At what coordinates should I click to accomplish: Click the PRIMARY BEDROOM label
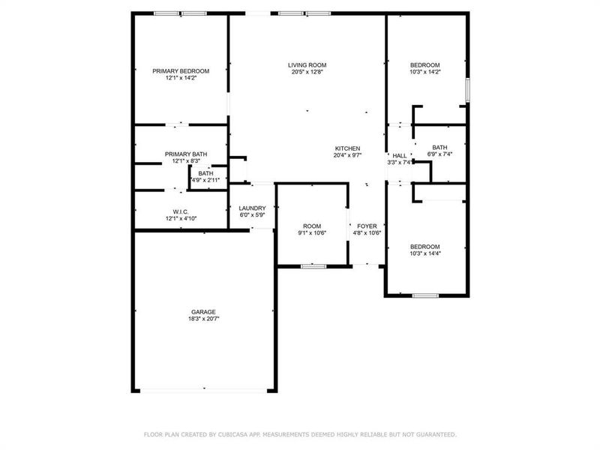click(x=181, y=70)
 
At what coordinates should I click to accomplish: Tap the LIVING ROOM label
click(x=307, y=65)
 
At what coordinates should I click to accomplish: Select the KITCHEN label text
click(x=347, y=148)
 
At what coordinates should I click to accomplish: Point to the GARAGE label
click(x=202, y=311)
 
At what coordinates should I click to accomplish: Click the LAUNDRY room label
click(x=252, y=208)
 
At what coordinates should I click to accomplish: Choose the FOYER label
click(x=367, y=226)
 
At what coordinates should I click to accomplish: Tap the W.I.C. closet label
click(x=180, y=211)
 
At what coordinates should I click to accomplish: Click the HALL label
click(x=400, y=155)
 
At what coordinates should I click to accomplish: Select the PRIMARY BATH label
click(x=186, y=154)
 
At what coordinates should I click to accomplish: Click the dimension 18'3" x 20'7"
click(x=202, y=319)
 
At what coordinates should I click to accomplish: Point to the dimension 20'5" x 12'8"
click(x=307, y=73)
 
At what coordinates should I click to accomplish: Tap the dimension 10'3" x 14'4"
click(x=425, y=253)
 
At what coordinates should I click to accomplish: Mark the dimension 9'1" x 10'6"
click(x=312, y=233)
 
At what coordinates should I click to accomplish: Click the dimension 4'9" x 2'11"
click(x=205, y=180)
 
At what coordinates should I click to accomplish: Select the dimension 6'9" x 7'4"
click(x=439, y=154)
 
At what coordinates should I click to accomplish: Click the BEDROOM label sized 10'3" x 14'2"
click(x=425, y=65)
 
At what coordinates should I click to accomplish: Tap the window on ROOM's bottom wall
click(x=313, y=266)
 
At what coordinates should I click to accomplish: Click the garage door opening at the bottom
click(x=202, y=391)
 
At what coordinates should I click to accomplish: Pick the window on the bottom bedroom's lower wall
click(x=425, y=296)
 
